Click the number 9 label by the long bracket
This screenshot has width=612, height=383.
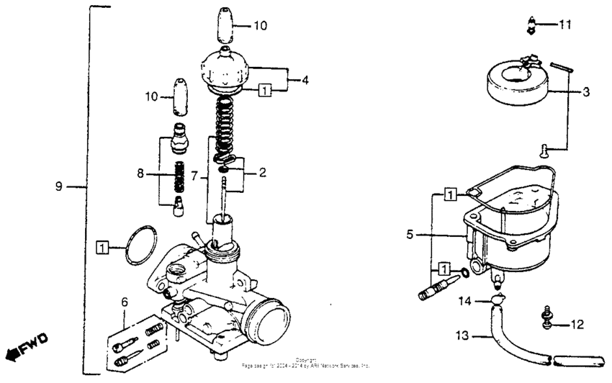[x=60, y=187]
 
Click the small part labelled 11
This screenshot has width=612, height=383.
[x=531, y=26]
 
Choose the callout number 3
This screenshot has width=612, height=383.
[x=587, y=92]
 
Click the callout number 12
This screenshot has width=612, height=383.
[x=577, y=325]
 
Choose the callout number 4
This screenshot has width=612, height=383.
[x=305, y=81]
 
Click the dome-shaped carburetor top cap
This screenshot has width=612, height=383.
[x=225, y=68]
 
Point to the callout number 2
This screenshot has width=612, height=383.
[x=263, y=172]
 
